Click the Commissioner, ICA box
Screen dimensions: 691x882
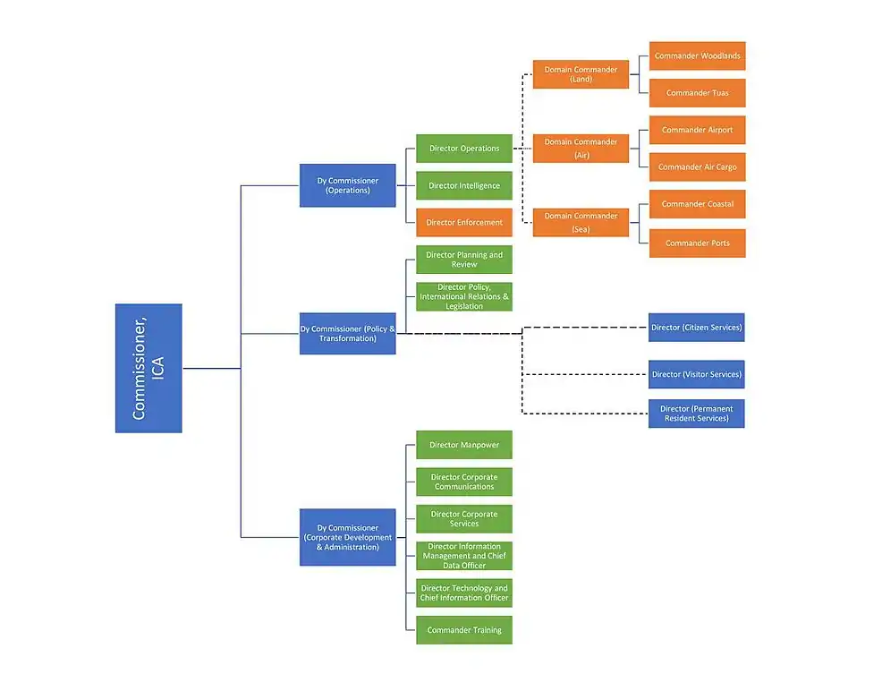(x=148, y=368)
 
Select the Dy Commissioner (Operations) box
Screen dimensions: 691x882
(x=347, y=185)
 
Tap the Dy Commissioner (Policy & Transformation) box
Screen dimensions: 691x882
(x=347, y=334)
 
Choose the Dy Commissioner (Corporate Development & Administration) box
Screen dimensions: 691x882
(x=347, y=537)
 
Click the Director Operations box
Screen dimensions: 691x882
(x=463, y=149)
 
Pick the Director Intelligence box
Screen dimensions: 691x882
(x=463, y=185)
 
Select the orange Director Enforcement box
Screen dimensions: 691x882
(x=463, y=222)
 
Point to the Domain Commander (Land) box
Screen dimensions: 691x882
(x=581, y=74)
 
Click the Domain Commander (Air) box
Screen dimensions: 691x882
(x=581, y=149)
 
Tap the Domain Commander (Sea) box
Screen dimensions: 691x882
(x=581, y=222)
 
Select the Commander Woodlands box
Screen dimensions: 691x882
(x=697, y=56)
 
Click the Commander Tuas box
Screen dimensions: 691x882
(x=697, y=93)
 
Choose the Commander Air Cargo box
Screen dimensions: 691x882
(x=697, y=167)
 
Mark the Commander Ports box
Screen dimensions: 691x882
(x=697, y=243)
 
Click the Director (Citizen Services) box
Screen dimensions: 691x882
(x=696, y=328)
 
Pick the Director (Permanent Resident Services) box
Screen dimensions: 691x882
(x=696, y=414)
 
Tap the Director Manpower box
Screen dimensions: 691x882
(x=463, y=445)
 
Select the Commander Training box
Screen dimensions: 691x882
(x=463, y=630)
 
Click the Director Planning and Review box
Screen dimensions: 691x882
(x=463, y=260)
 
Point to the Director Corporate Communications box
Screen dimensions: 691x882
(x=463, y=482)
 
